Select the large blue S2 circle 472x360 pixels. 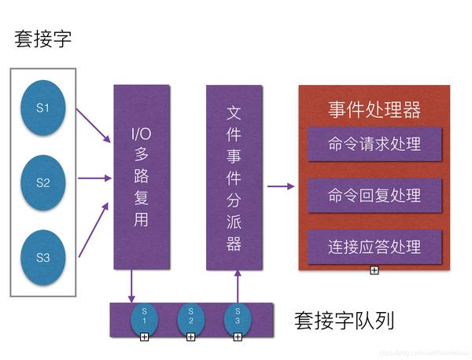(43, 182)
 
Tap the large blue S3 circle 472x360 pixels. (43, 256)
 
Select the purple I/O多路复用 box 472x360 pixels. (142, 176)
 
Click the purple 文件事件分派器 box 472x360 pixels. (234, 176)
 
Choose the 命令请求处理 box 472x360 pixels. (374, 144)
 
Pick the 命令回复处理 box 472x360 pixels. (374, 195)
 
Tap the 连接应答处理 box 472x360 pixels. (374, 247)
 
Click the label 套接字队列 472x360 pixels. (344, 320)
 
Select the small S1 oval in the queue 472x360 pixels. (144, 318)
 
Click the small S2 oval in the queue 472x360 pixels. (190, 318)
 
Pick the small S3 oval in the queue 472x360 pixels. (237, 318)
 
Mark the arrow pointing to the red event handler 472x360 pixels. (280, 186)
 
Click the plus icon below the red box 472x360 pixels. (374, 270)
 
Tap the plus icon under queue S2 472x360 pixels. (190, 337)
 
